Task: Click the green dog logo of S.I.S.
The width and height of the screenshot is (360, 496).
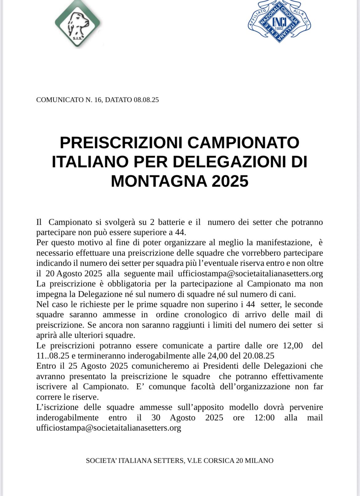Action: click(x=78, y=24)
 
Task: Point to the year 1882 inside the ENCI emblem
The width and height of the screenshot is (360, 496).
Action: click(x=279, y=28)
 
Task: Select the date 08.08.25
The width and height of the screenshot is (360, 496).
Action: click(x=146, y=100)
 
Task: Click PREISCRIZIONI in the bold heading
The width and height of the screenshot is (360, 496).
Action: click(x=122, y=143)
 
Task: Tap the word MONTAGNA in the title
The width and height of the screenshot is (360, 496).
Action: click(x=159, y=181)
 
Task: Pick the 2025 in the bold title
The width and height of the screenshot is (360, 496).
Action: click(x=230, y=181)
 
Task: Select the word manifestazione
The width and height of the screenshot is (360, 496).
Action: click(x=283, y=243)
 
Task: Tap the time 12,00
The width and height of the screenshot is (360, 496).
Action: click(x=293, y=345)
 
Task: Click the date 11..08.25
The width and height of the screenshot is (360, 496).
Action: click(x=53, y=356)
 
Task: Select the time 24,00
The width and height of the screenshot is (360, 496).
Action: click(x=218, y=356)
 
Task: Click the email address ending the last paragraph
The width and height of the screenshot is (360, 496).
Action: click(x=109, y=428)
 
